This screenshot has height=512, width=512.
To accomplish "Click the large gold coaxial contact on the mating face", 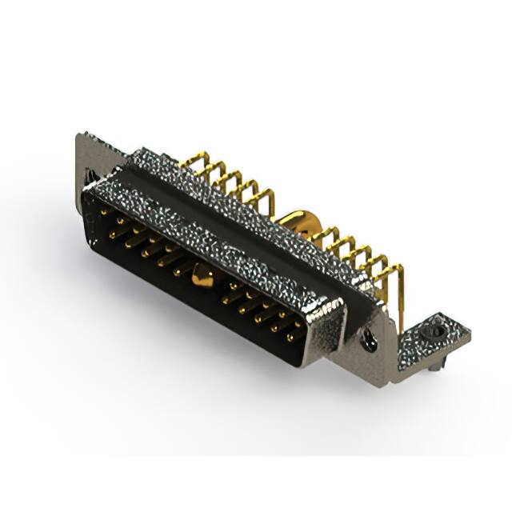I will point(201,278).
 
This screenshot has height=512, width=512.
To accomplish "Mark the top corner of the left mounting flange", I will point(81,135).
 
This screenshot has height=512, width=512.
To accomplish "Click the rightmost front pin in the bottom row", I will point(291,336).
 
